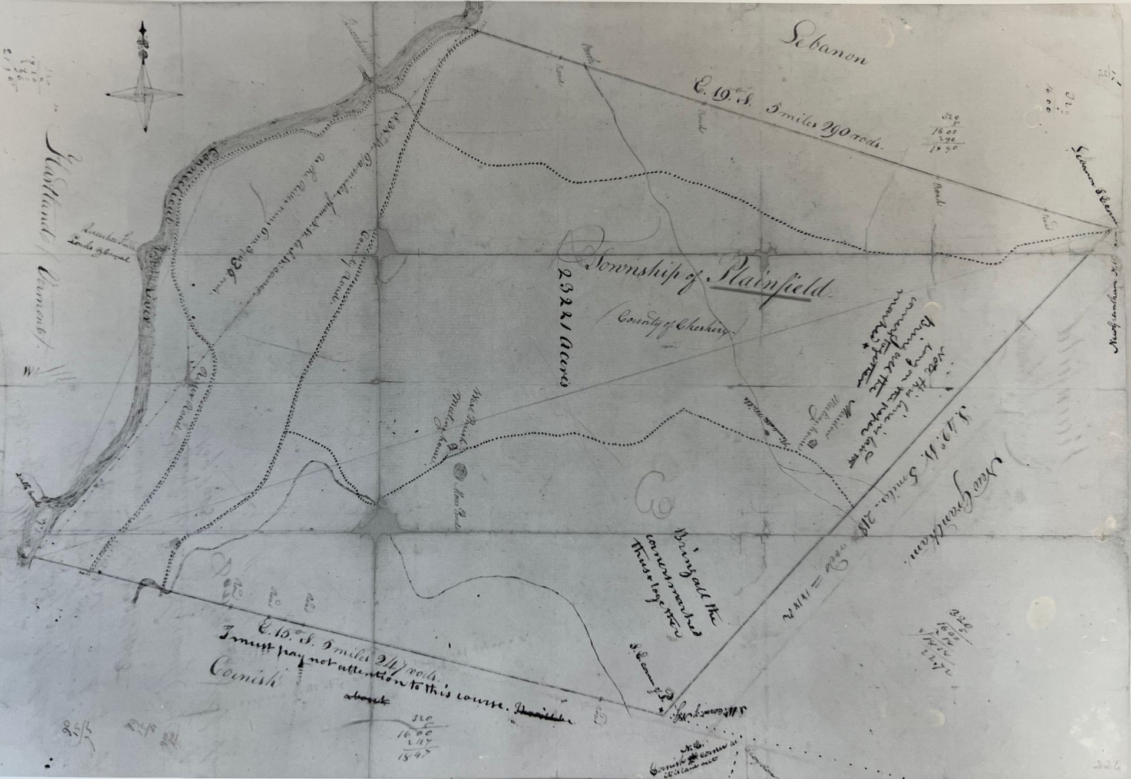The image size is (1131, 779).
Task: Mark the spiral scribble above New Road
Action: coord(461,473)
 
